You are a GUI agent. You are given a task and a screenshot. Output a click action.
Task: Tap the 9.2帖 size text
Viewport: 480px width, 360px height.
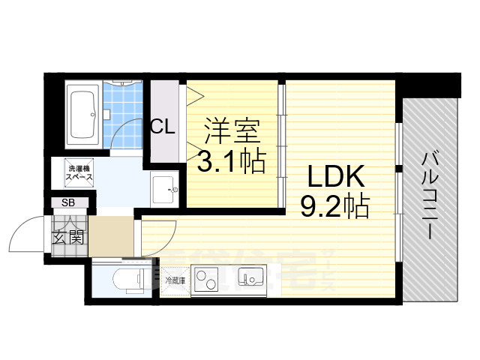pyautogui.click(x=334, y=205)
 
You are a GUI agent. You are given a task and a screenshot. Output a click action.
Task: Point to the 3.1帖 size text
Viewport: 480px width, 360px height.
pyautogui.click(x=232, y=160)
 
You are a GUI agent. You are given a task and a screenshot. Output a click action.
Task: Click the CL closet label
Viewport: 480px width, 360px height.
pyautogui.click(x=163, y=126)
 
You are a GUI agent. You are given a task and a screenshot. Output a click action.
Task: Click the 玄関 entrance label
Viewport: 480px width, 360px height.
pyautogui.click(x=67, y=238)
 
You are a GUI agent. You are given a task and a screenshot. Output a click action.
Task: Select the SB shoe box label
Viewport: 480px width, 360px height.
pyautogui.click(x=68, y=203)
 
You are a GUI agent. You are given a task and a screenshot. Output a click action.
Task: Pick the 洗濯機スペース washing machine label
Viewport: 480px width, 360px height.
pyautogui.click(x=78, y=174)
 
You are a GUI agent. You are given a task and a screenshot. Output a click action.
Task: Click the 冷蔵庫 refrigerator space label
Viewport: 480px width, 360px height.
pyautogui.click(x=175, y=280)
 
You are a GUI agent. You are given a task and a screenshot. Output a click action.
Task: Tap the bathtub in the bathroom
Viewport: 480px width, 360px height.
pyautogui.click(x=81, y=115)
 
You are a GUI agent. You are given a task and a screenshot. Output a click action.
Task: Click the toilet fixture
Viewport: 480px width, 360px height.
pyautogui.click(x=127, y=280)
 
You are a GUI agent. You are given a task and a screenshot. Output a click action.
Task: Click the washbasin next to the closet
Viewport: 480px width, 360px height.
pyautogui.click(x=163, y=190)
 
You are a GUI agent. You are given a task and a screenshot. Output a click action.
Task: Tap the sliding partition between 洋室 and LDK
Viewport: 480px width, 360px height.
pyautogui.click(x=282, y=142)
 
